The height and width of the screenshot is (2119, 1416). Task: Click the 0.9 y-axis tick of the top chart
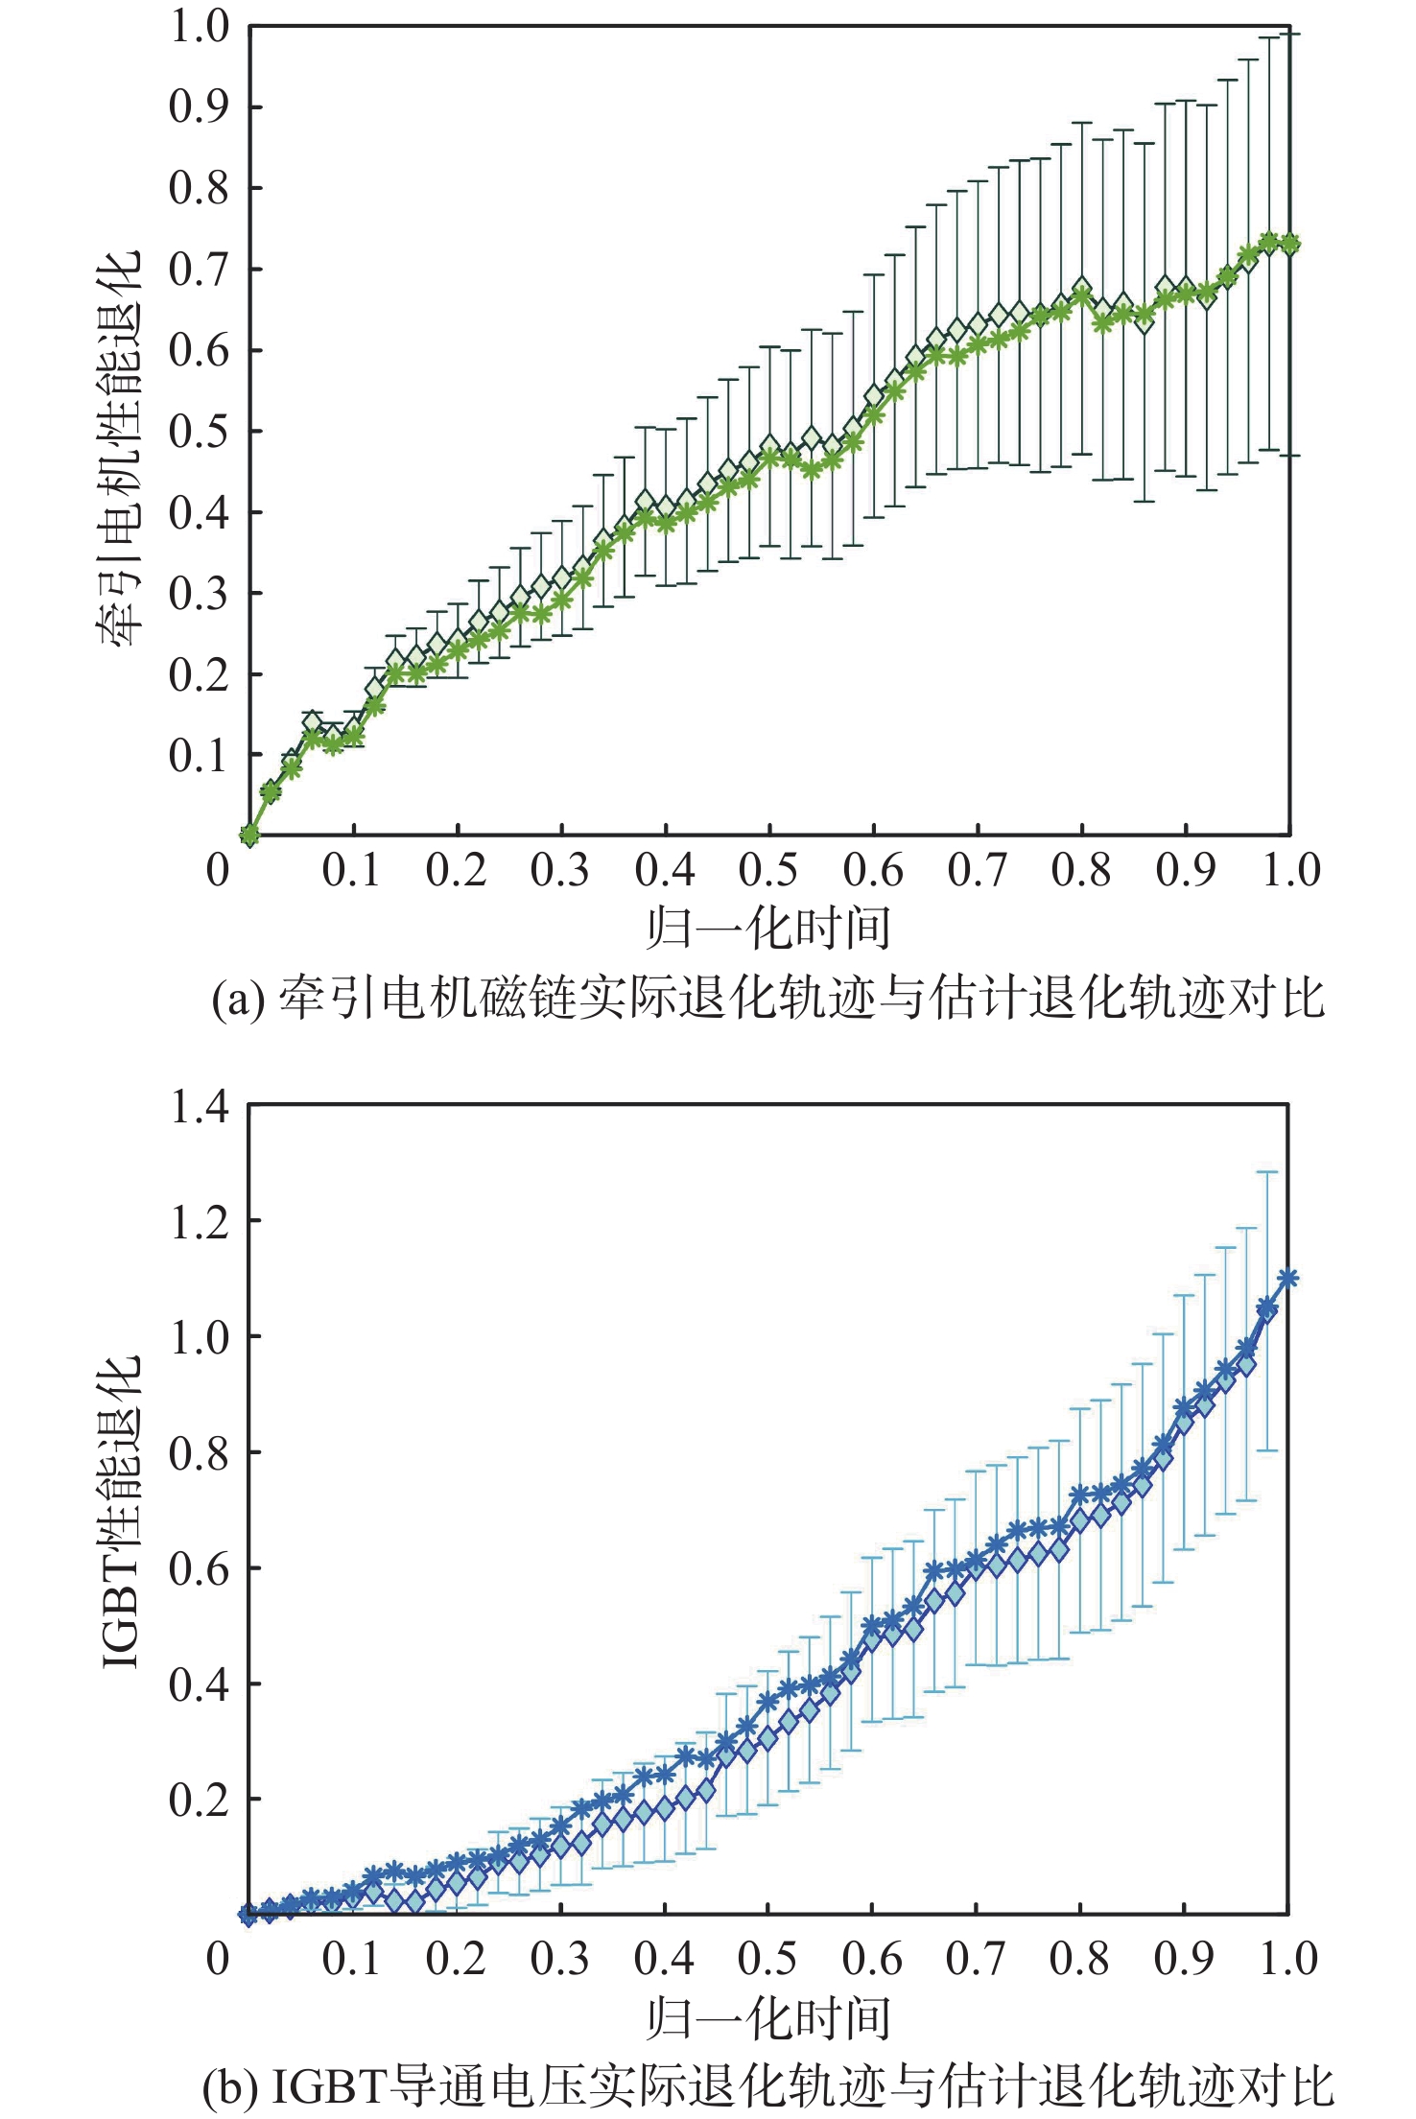(x=200, y=107)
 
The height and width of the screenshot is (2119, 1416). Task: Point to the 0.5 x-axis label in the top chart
(x=768, y=870)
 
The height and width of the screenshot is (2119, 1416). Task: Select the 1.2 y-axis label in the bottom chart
(x=200, y=1222)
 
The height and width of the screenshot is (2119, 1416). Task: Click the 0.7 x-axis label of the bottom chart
(x=976, y=1959)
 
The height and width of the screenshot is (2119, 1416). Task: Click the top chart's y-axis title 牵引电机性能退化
(x=119, y=447)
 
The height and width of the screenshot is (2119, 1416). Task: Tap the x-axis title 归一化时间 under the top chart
(x=768, y=928)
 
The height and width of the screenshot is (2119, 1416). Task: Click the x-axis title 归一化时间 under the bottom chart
(x=768, y=2018)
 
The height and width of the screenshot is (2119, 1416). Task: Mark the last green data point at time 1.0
(x=1290, y=244)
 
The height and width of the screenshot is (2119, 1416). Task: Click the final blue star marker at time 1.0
(x=1288, y=1278)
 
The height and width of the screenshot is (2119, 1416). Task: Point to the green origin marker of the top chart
(x=250, y=835)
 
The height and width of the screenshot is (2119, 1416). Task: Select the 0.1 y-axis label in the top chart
(x=200, y=756)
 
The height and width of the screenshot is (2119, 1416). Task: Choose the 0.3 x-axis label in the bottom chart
(x=560, y=1959)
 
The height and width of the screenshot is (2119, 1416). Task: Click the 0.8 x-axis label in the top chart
(x=1081, y=870)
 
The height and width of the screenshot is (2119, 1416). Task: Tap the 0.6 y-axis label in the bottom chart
(x=200, y=1569)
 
